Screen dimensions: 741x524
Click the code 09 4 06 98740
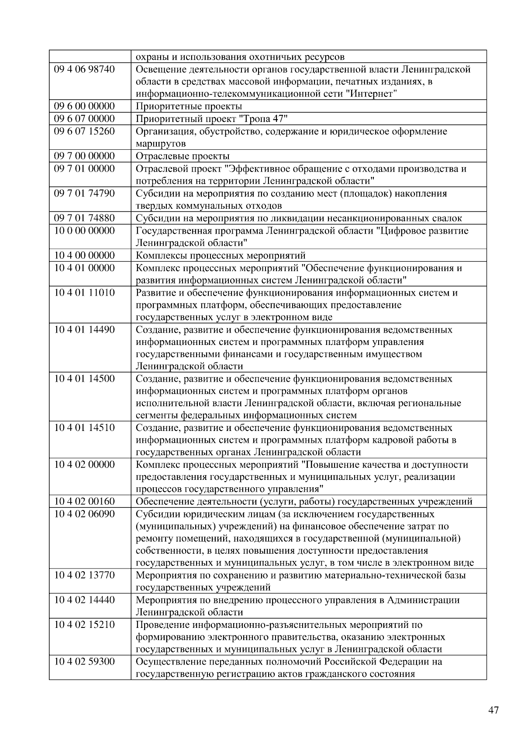click(84, 69)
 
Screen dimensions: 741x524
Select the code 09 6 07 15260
click(84, 131)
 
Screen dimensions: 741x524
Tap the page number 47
click(493, 710)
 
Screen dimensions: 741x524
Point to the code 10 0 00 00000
click(84, 230)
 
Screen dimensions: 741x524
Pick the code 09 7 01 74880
click(84, 218)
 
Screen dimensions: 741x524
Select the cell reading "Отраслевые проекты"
click(183, 156)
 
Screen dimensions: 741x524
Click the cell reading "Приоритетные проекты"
click(189, 106)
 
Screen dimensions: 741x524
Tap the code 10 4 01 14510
click(84, 427)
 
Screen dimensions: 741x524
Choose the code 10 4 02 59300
click(84, 661)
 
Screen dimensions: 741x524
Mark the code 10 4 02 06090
click(84, 514)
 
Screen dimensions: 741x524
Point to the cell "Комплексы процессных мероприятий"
click(221, 255)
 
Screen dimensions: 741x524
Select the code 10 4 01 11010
click(84, 292)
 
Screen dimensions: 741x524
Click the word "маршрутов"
click(161, 144)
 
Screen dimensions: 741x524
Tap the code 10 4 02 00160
click(84, 501)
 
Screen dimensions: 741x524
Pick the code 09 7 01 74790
click(84, 193)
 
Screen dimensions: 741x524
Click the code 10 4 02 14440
click(84, 600)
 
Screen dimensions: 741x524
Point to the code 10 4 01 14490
click(84, 329)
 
